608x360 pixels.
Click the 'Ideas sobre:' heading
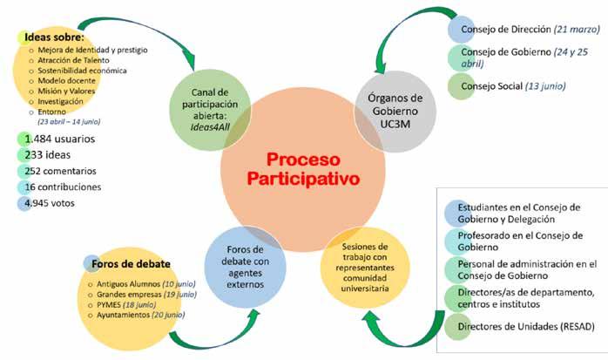click(53, 38)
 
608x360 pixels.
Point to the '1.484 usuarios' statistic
click(60, 138)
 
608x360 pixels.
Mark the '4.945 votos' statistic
click(54, 204)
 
